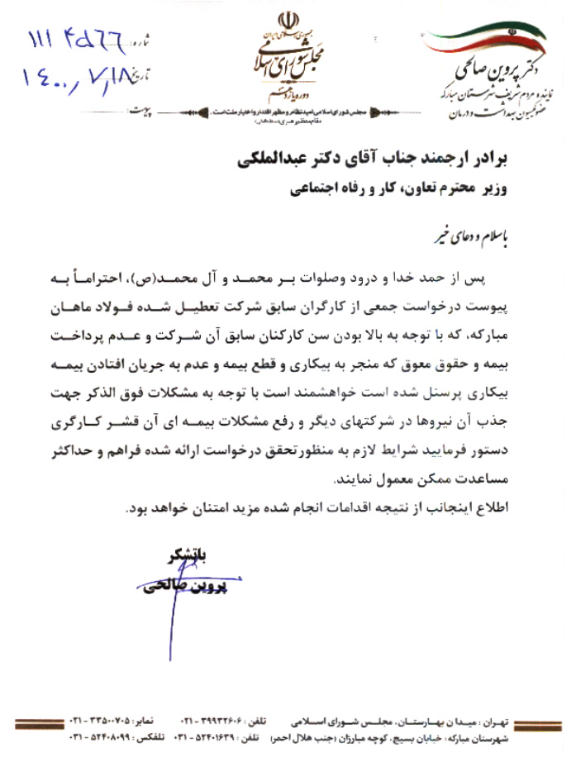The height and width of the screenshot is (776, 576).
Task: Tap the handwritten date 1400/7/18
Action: [79, 76]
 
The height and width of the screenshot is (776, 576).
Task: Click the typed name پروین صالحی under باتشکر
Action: [183, 588]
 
